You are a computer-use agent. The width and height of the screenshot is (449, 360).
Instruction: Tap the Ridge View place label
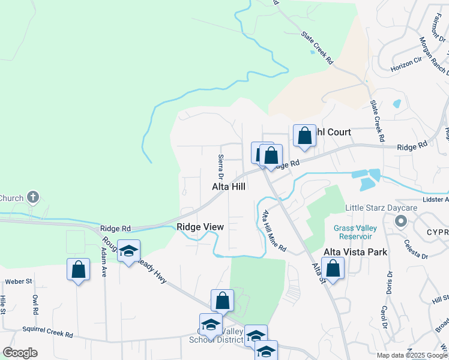click(200, 227)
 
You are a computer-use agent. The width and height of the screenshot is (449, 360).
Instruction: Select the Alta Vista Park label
click(355, 252)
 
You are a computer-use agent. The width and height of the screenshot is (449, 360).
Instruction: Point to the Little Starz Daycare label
click(381, 208)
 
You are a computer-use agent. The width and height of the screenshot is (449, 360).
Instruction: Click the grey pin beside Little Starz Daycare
click(400, 222)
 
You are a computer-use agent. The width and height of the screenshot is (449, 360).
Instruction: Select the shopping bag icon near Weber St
click(79, 269)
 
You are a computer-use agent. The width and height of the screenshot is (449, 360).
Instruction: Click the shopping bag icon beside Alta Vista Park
click(333, 268)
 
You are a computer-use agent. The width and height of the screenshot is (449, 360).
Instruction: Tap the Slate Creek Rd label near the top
click(318, 48)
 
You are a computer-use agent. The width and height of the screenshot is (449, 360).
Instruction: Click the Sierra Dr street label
click(221, 167)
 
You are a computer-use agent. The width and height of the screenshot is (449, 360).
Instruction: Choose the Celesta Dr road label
click(416, 248)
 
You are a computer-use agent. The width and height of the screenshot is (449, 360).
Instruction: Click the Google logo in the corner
click(20, 353)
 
